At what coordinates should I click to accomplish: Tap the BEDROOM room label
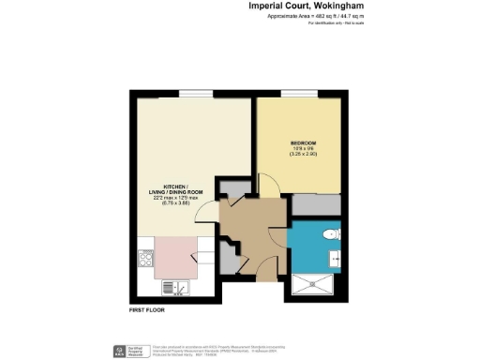[x=303, y=142]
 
